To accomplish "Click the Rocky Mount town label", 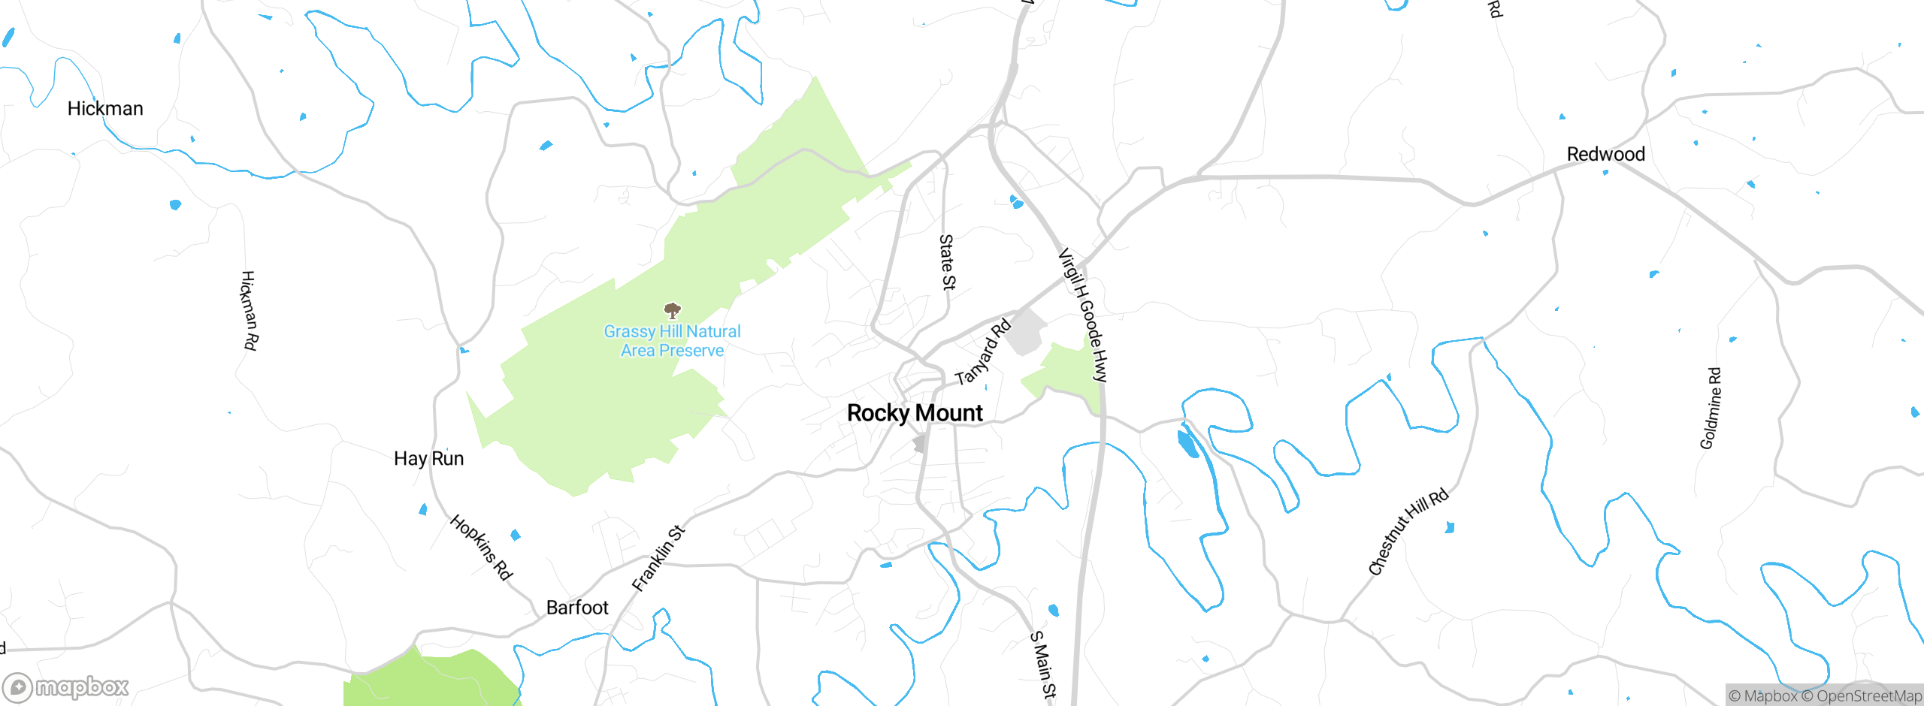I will click(915, 413).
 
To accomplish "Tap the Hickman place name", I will click(105, 109).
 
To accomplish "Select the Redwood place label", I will click(1605, 155).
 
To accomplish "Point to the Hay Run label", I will click(428, 459).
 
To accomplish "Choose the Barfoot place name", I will click(577, 608).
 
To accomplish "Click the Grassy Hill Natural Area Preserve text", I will click(672, 341).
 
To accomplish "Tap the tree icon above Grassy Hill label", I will click(673, 310).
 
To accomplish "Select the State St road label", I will click(947, 261).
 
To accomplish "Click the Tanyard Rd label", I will click(983, 352).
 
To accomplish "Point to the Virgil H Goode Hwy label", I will click(1083, 315).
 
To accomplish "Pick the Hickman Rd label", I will click(250, 310).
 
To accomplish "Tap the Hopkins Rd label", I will click(481, 548).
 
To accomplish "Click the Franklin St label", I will click(658, 558).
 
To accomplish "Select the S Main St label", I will click(1043, 665).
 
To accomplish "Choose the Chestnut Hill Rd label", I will click(1408, 532).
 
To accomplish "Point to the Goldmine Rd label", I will click(1711, 409).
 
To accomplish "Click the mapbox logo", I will click(66, 687).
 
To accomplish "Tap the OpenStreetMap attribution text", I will click(1868, 696).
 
